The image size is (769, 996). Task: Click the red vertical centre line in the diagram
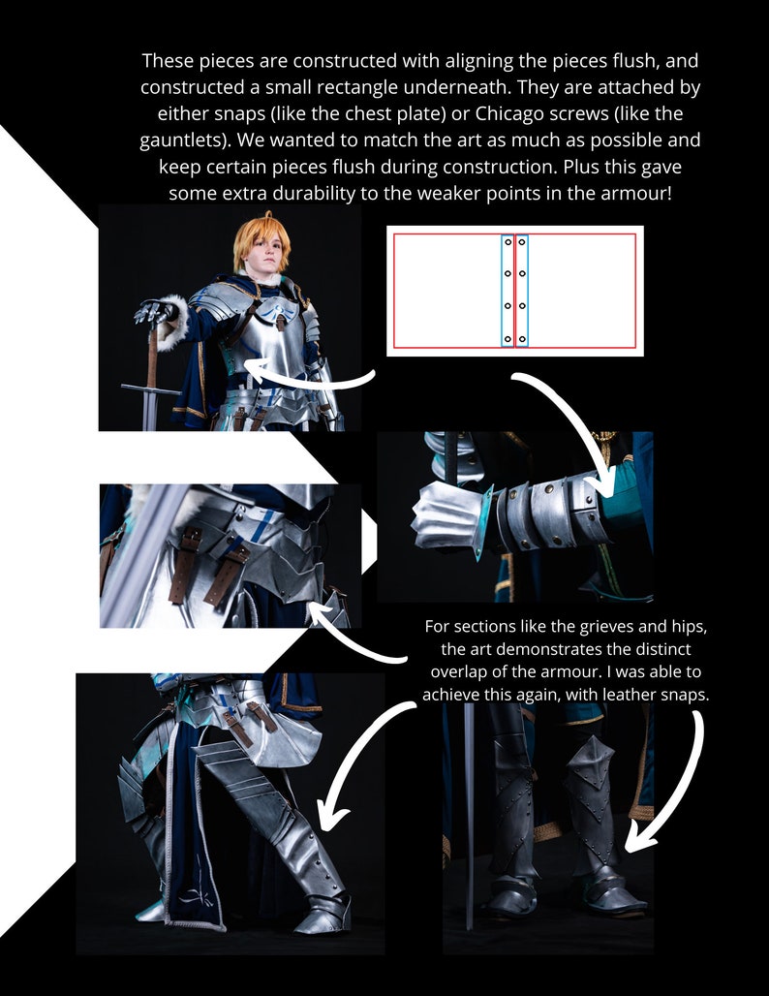514,291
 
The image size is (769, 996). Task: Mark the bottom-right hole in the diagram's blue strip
522,339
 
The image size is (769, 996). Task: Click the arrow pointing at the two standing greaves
668,785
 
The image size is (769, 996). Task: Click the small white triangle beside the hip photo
368,543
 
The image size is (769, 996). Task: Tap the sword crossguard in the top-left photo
150,389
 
